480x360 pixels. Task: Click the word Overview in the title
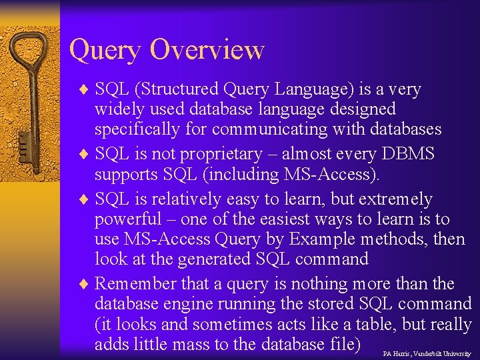(207, 49)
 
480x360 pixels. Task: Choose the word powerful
(128, 219)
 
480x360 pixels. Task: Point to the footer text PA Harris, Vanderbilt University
(427, 353)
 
